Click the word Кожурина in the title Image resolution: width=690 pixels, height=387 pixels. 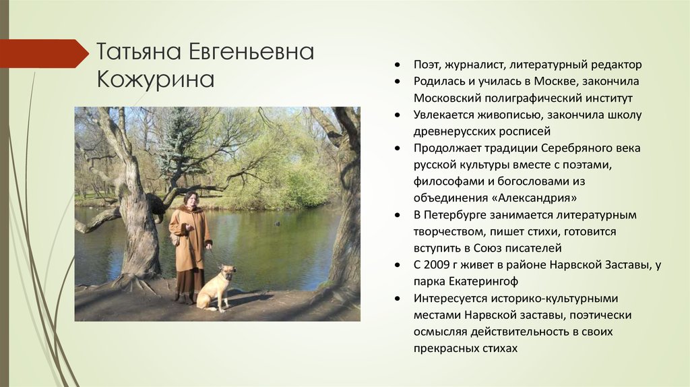pos(156,80)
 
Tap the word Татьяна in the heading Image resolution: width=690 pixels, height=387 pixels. pos(139,52)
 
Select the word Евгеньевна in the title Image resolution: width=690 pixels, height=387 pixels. pos(251,52)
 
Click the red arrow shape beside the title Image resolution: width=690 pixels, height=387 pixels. pos(44,53)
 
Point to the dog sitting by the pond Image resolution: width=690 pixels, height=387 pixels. pos(216,289)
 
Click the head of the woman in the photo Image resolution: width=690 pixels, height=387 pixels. pos(191,199)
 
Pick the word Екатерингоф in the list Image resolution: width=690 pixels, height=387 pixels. pos(483,281)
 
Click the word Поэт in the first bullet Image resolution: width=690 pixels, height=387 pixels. pos(427,65)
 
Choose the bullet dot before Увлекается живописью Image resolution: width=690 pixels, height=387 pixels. pos(398,115)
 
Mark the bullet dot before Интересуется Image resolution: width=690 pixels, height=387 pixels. pos(398,299)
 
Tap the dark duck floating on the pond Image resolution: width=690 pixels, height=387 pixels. pos(277,223)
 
